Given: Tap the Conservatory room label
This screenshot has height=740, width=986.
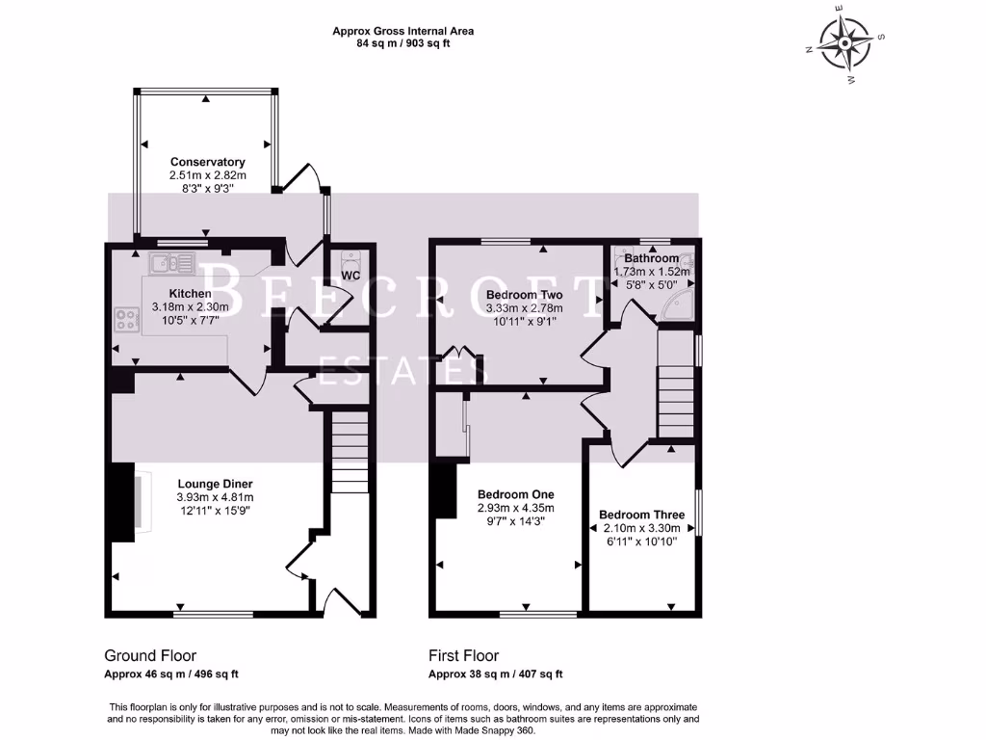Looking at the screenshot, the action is pyautogui.click(x=208, y=162).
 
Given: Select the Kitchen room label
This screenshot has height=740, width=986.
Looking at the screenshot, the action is pyautogui.click(x=190, y=293).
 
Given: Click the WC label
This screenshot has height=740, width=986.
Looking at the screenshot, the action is pyautogui.click(x=350, y=276).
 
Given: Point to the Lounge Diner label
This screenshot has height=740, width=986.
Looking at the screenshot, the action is pyautogui.click(x=215, y=484).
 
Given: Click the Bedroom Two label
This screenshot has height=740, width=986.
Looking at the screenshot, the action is pyautogui.click(x=525, y=295).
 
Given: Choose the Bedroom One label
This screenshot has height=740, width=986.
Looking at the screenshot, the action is pyautogui.click(x=516, y=494).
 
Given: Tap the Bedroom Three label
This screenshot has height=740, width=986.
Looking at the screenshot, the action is pyautogui.click(x=641, y=515).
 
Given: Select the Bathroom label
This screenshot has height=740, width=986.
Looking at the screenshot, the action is pyautogui.click(x=652, y=258).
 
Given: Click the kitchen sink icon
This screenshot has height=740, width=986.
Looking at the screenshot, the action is pyautogui.click(x=171, y=263).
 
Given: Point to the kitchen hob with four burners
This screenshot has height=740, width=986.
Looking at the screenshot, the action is pyautogui.click(x=127, y=319).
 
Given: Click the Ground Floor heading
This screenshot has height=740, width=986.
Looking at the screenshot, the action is pyautogui.click(x=150, y=655).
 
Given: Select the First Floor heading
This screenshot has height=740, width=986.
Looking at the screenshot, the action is pyautogui.click(x=463, y=655).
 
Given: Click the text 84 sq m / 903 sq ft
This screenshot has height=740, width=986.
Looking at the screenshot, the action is pyautogui.click(x=403, y=43).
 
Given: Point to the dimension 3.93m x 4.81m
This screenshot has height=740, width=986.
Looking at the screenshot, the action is pyautogui.click(x=215, y=497).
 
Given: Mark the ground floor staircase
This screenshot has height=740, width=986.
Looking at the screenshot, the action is pyautogui.click(x=349, y=452).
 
